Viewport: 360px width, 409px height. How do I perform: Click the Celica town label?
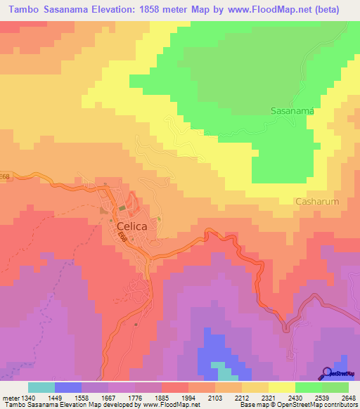(127, 226)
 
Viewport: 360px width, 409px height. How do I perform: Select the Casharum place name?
(317, 201)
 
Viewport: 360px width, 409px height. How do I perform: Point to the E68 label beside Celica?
(123, 239)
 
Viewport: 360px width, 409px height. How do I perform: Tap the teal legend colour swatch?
(41, 387)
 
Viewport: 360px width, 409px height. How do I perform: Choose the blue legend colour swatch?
(68, 387)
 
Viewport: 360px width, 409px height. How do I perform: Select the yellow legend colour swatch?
(282, 387)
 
